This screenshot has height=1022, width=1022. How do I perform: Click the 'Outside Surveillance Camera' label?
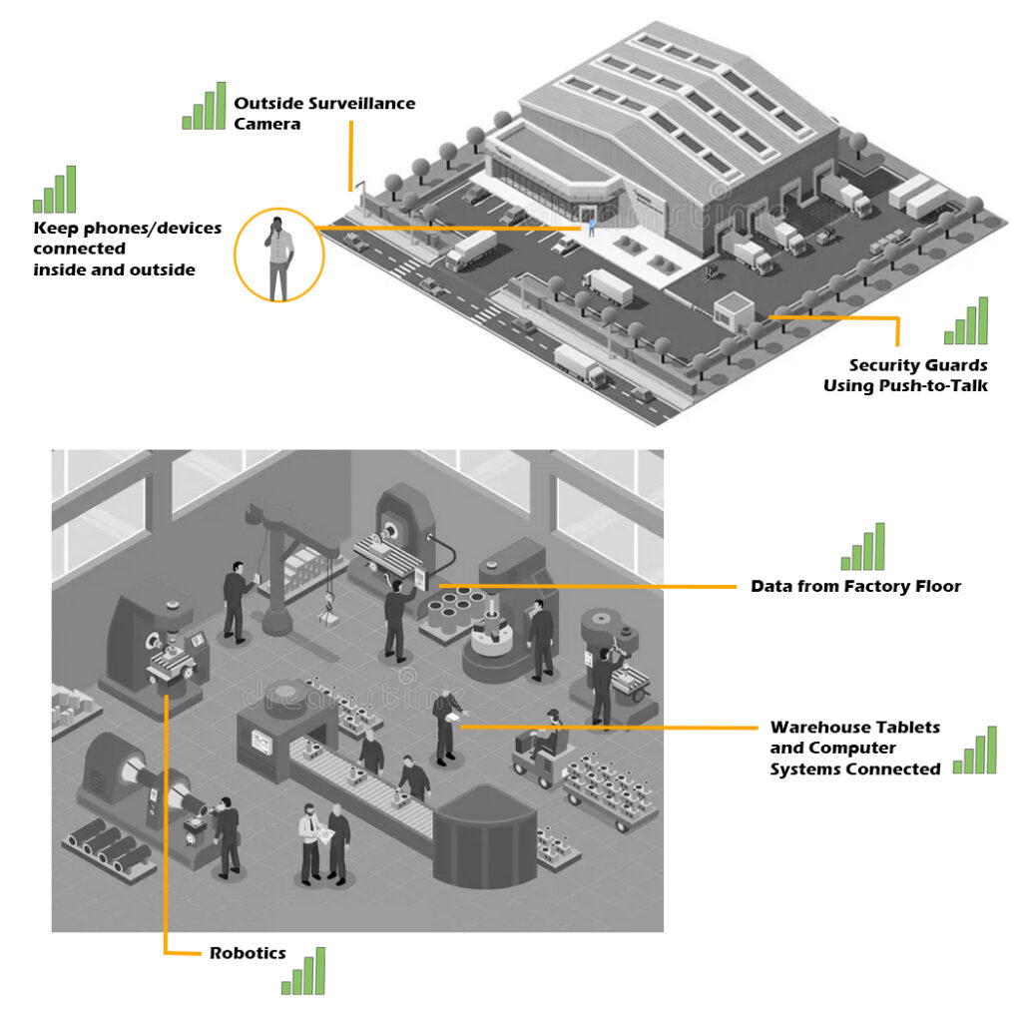(x=323, y=113)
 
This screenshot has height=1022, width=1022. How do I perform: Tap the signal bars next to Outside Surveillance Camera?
(x=204, y=108)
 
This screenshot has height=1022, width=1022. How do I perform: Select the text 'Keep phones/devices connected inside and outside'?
(x=127, y=249)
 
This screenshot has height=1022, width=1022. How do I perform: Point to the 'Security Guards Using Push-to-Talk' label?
(x=904, y=375)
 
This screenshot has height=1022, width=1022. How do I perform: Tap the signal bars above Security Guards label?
(x=966, y=322)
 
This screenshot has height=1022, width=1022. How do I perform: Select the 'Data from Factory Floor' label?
(x=855, y=586)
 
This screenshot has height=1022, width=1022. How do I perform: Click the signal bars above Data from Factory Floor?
(x=863, y=548)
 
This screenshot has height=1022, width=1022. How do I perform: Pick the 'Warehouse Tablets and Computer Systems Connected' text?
(x=854, y=748)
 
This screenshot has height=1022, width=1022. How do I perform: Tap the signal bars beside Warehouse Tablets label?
(x=974, y=752)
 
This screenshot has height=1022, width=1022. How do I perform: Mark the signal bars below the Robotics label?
(x=303, y=972)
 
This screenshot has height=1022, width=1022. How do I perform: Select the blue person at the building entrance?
(x=591, y=228)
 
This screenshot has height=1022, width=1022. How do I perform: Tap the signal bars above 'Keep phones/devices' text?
(x=55, y=191)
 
